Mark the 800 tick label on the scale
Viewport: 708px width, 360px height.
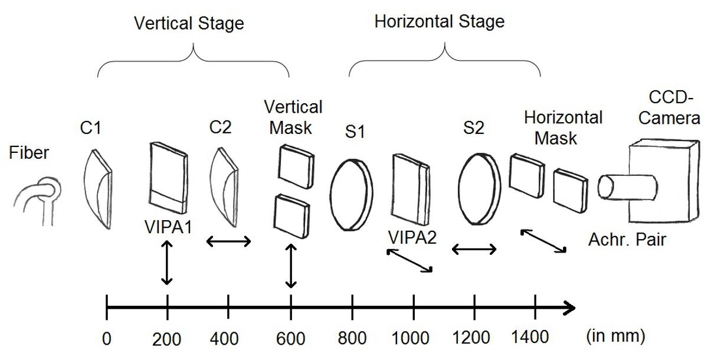point(352,338)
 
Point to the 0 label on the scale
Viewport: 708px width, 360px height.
point(106,338)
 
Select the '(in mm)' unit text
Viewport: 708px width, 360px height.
point(615,336)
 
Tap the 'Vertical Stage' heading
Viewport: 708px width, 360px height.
point(189,24)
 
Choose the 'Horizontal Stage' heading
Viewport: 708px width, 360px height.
point(440,22)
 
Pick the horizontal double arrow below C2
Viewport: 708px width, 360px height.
point(228,241)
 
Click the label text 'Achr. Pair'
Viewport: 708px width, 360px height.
point(627,240)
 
